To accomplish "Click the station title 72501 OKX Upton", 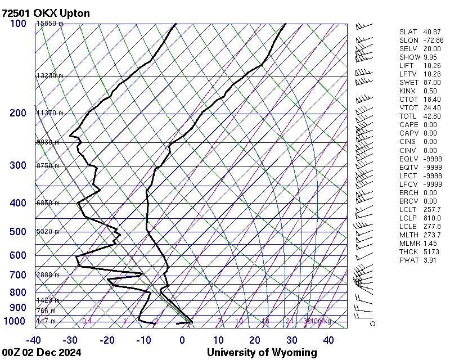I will coord(46,13).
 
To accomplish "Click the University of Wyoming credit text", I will coord(262,353).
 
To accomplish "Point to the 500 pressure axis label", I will coord(17,232).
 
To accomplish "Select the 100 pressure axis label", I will coord(17,24).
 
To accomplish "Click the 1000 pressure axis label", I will coord(15,321).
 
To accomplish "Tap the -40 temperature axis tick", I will coord(33,340).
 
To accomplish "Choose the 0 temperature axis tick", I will coord(182,340).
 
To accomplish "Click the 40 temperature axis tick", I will coord(328,340).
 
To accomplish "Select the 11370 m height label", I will coord(50,113).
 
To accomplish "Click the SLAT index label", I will coord(408,32).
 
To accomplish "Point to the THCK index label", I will coord(409,251).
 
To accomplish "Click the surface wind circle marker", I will coord(372,323).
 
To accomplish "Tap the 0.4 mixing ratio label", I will coord(87,321).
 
